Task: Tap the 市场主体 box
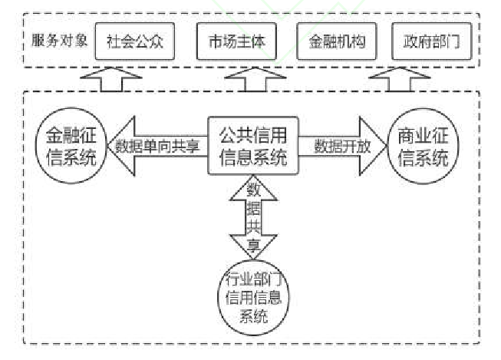point(236,42)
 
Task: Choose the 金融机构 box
point(335,42)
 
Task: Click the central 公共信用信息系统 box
point(253,146)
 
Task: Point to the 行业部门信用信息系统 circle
point(252,296)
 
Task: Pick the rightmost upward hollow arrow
point(400,80)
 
